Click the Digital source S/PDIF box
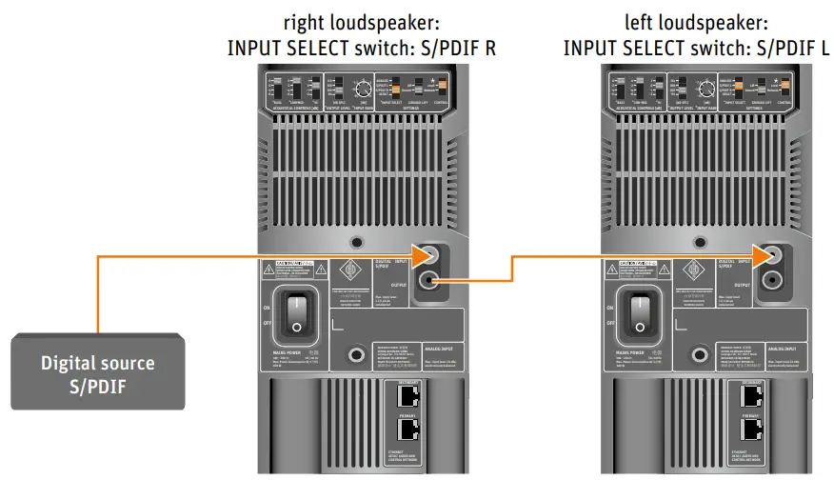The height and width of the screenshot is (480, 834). click(x=97, y=371)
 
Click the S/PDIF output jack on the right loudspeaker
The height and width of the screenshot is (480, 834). click(x=429, y=280)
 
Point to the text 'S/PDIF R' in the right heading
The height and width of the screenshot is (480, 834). click(x=463, y=48)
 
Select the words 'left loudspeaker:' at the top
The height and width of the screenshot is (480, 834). click(x=696, y=21)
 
